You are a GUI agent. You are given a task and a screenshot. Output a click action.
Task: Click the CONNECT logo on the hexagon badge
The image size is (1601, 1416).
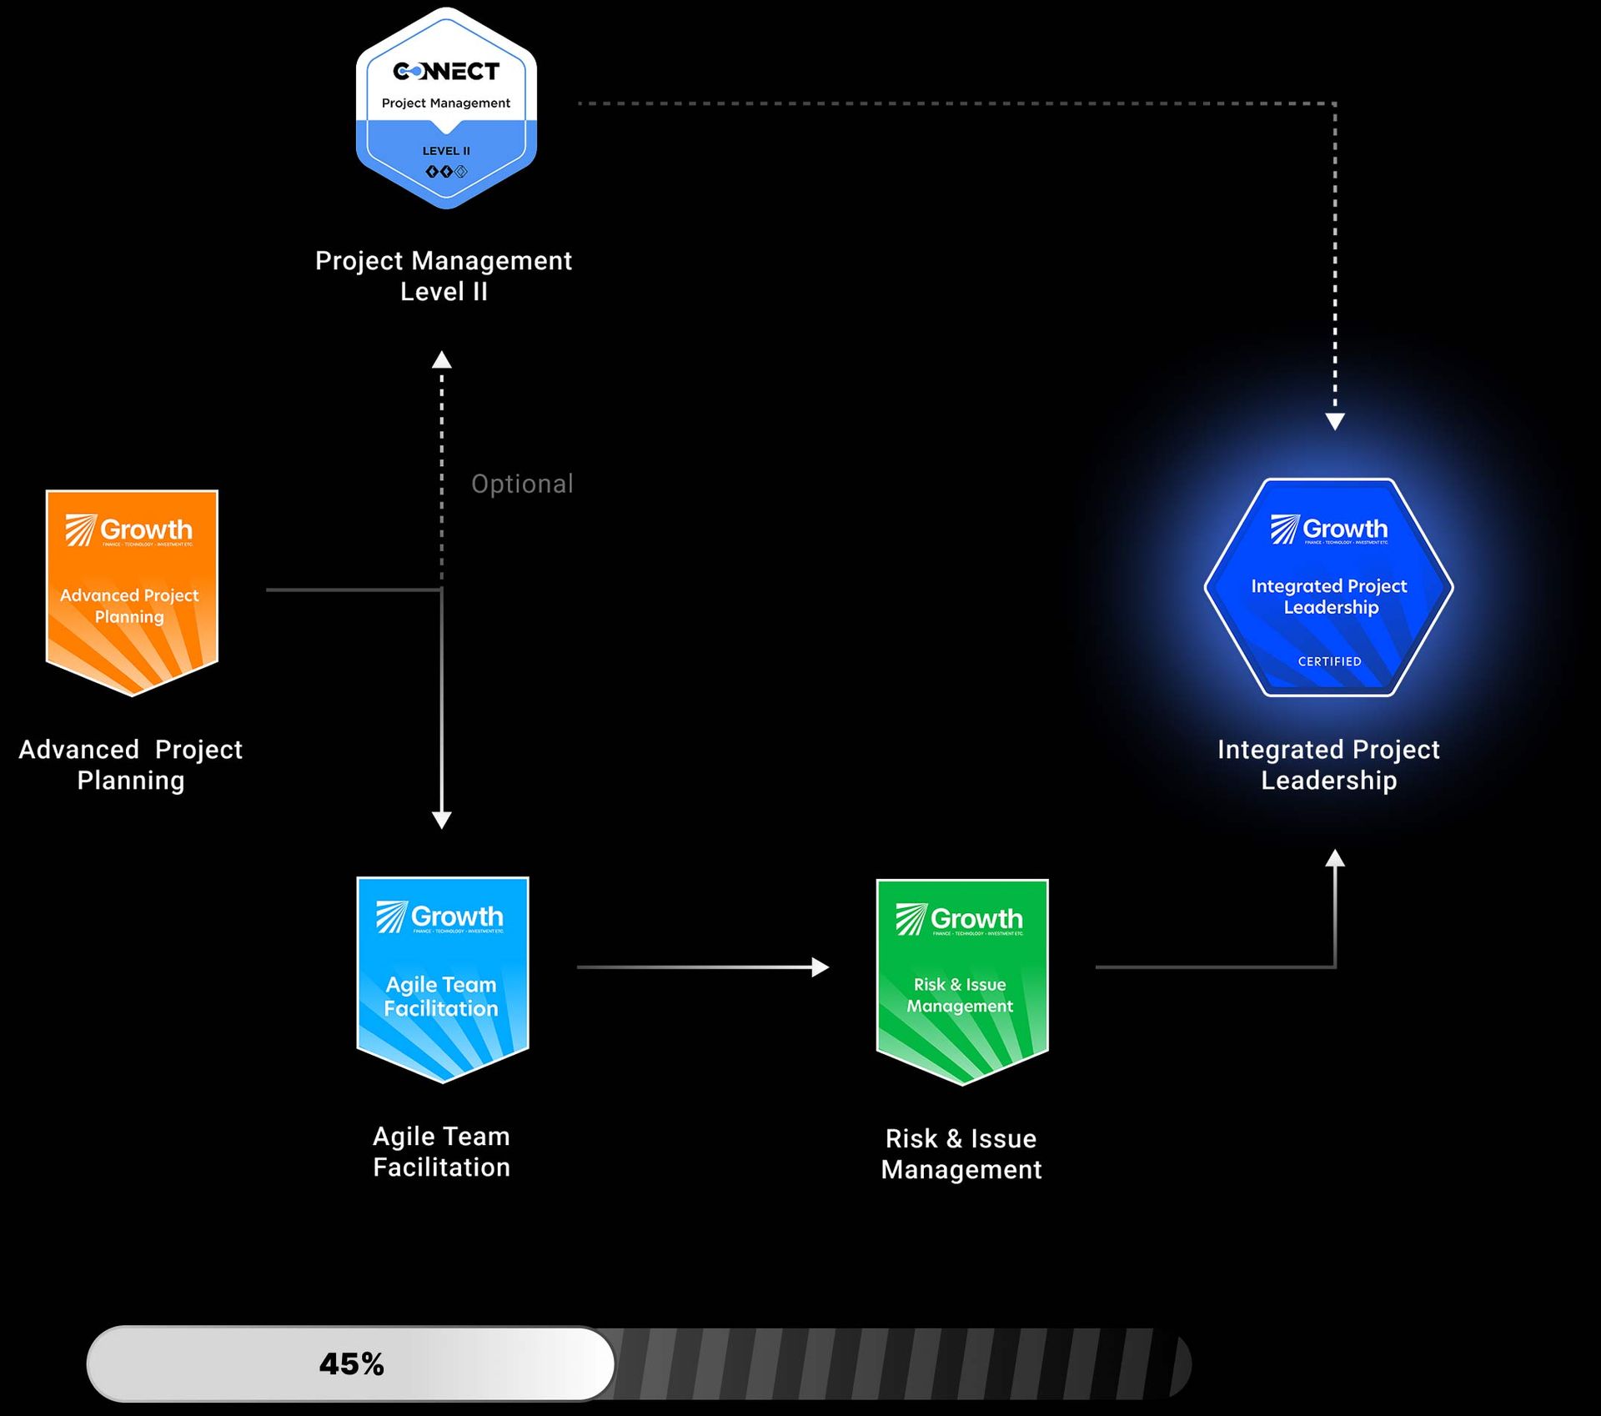pos(446,72)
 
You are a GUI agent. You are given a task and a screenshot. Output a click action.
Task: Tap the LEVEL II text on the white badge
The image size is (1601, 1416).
pos(446,151)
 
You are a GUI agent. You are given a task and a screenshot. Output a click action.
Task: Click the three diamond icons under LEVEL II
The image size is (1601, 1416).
pos(446,172)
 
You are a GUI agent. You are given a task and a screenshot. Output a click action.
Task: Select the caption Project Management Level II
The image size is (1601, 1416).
pos(444,276)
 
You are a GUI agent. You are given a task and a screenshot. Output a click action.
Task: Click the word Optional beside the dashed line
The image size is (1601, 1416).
pos(522,484)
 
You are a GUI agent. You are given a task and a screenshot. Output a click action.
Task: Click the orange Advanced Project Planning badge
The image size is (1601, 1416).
pos(132,592)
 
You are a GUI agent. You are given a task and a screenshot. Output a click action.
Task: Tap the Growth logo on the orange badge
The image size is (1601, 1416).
pos(129,530)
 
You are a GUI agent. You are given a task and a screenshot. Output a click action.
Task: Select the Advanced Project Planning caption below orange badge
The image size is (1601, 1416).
pos(131,765)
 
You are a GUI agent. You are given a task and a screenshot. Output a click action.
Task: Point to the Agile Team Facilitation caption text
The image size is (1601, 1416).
pos(441,1152)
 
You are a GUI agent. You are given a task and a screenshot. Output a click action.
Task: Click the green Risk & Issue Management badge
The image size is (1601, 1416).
pos(961,981)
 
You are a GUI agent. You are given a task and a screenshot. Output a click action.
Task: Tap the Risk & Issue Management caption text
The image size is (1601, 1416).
pos(961,1154)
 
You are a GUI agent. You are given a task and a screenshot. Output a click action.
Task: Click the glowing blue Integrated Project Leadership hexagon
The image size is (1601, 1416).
pos(1328,588)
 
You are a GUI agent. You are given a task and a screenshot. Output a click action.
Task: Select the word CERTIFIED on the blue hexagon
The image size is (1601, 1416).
pos(1329,661)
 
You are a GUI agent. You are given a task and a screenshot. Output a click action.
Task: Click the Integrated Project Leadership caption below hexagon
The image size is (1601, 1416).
pos(1328,765)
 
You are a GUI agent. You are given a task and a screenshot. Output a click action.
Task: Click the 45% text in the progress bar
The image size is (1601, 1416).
pos(351,1364)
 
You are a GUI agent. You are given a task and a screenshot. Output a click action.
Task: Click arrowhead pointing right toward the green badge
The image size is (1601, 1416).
pos(821,967)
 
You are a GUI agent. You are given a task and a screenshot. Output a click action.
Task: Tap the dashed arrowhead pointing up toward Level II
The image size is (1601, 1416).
pos(442,360)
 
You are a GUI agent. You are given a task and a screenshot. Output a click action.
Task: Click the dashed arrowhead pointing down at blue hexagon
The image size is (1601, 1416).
pos(1335,421)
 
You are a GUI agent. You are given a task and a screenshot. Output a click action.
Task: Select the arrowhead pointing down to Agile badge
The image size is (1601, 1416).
pos(442,819)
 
